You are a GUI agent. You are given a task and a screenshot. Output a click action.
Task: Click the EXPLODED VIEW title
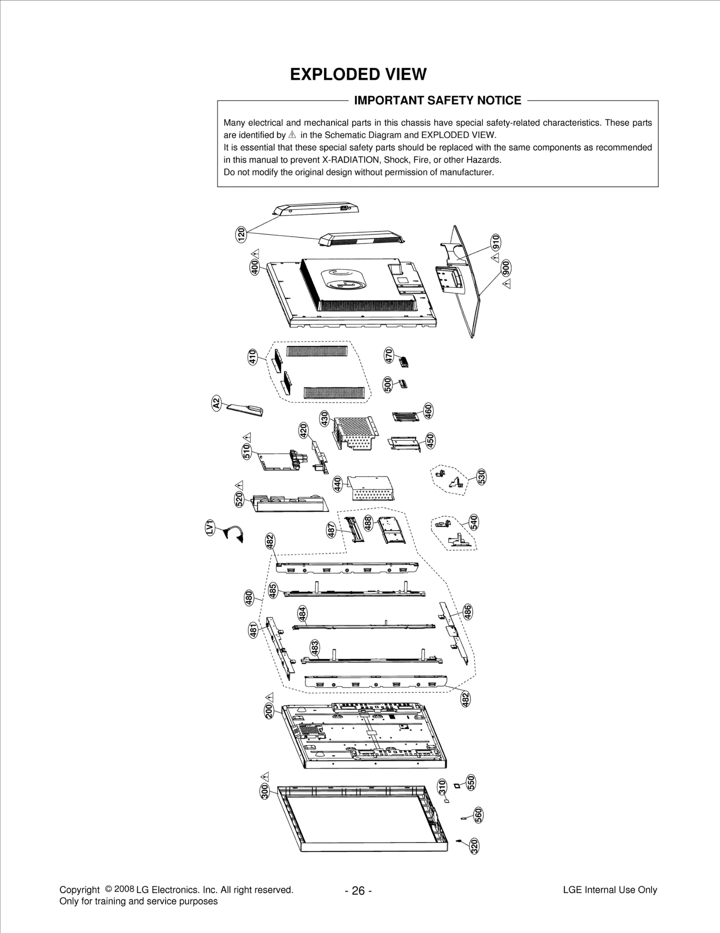coord(358,74)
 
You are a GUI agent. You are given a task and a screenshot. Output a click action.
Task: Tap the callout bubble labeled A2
coord(216,402)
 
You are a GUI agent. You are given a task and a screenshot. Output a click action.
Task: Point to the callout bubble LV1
coord(209,528)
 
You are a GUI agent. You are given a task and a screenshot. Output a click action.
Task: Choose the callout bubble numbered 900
coord(506,269)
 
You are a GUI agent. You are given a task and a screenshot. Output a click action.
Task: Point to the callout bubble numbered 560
coord(478,815)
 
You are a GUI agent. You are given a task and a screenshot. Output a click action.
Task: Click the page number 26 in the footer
coord(358,891)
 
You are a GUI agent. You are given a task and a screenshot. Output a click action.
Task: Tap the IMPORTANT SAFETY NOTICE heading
coord(437,100)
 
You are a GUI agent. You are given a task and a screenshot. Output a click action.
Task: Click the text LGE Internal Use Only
coord(609,890)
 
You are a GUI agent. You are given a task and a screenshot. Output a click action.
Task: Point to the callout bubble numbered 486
coord(468,612)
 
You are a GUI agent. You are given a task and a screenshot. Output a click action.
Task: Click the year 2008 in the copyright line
coord(125,889)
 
